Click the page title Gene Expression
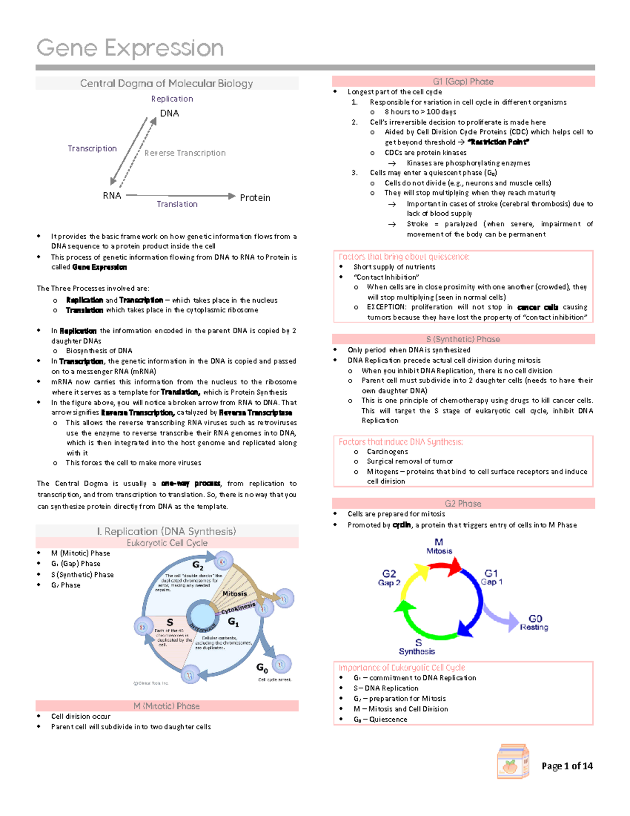(130, 48)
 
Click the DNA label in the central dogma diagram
(169, 113)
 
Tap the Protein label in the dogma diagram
(255, 198)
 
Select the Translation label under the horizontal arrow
(177, 204)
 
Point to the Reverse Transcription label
(185, 153)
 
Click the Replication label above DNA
(172, 99)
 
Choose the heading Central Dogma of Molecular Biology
(166, 84)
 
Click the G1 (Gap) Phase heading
(463, 81)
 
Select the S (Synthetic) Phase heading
(463, 339)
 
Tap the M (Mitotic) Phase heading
(166, 706)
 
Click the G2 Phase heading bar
(463, 503)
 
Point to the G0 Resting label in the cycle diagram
(534, 623)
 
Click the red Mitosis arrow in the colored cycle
(445, 566)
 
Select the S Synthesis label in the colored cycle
(417, 647)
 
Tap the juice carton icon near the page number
(512, 761)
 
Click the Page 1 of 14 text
(567, 766)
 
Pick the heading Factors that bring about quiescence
(404, 257)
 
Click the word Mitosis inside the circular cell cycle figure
(234, 594)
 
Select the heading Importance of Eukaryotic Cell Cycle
(402, 668)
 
